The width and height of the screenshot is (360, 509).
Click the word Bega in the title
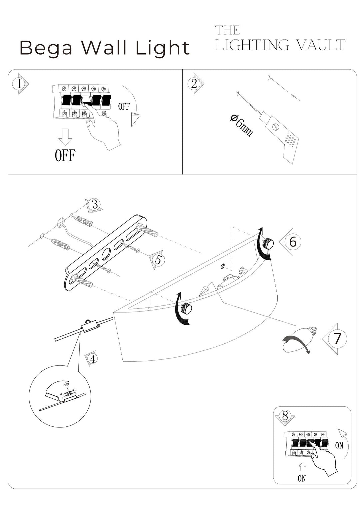click(46, 48)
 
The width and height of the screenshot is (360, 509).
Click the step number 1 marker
click(19, 84)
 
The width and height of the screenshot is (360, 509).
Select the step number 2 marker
click(194, 83)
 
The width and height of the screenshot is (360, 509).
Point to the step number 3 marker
click(95, 204)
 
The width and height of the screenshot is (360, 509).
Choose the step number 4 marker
click(92, 359)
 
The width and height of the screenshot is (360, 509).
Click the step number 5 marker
click(158, 259)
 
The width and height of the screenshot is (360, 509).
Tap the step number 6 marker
click(293, 242)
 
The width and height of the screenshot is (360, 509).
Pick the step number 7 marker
click(337, 338)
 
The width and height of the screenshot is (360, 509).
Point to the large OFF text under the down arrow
click(65, 156)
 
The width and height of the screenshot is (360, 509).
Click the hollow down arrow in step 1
click(65, 137)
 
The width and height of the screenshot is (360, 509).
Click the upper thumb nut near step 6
click(268, 244)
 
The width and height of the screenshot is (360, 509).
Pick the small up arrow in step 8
click(302, 467)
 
